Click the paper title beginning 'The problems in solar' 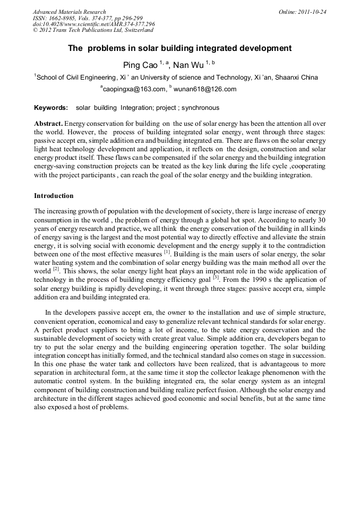click(x=179, y=48)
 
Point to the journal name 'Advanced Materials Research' click(x=69, y=12)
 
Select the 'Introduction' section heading click(x=54, y=196)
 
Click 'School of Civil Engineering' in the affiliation click(x=76, y=77)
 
